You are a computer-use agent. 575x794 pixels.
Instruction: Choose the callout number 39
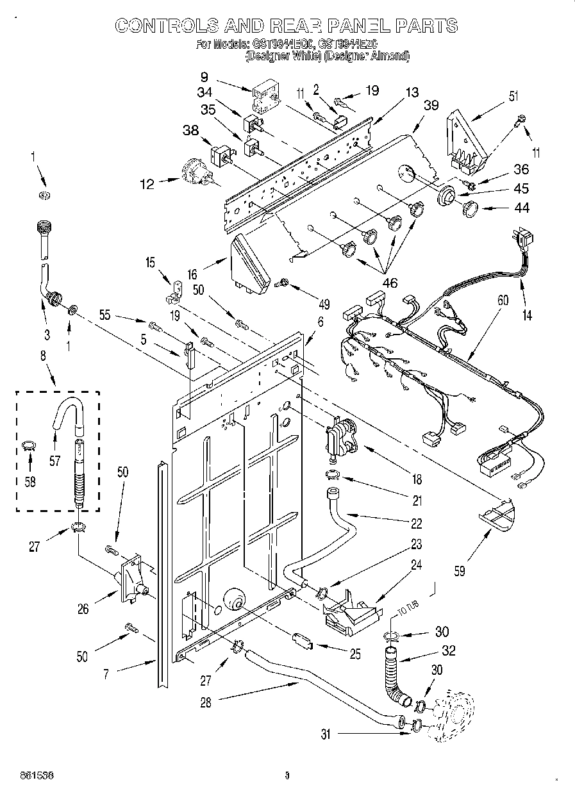[x=431, y=106]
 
